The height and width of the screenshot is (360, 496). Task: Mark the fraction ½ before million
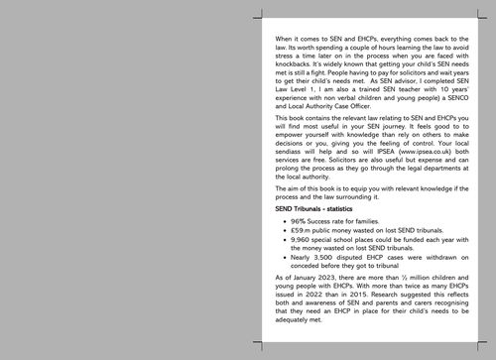[x=404, y=288]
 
